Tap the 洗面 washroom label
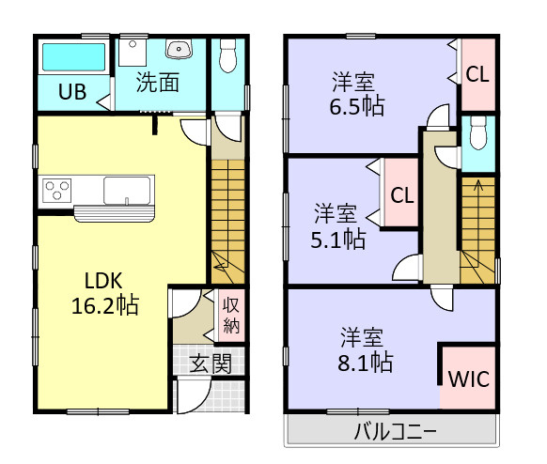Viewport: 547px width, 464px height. coord(158,83)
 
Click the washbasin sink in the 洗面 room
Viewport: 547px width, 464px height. coord(178,50)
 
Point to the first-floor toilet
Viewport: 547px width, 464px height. coord(227,59)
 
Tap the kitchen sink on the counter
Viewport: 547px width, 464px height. coord(124,191)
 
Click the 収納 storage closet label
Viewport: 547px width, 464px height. coord(232,315)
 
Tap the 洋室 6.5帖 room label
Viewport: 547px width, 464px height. coord(356,93)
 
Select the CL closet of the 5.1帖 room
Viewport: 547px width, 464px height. coord(402,195)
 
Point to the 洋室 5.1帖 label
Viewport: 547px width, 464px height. coord(339,226)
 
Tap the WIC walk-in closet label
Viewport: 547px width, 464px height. coord(467,380)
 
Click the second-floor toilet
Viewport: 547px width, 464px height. coord(477,137)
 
